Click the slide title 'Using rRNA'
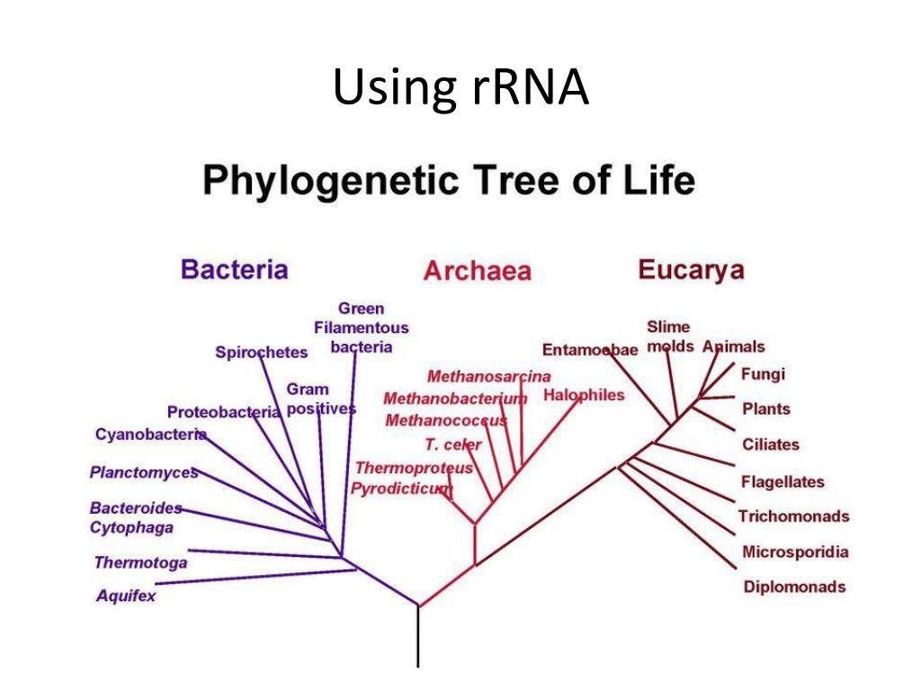[460, 88]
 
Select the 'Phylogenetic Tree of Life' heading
[449, 183]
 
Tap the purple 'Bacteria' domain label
[235, 269]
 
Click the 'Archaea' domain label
[478, 271]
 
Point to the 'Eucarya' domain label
[692, 269]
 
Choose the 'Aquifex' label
[126, 596]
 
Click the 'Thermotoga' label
[140, 563]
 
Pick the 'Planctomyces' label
[143, 471]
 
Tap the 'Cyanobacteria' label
[150, 435]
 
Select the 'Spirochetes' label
[262, 353]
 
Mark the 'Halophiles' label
[584, 396]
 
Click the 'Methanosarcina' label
[488, 376]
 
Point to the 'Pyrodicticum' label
[401, 489]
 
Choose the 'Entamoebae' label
[589, 350]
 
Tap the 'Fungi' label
[763, 374]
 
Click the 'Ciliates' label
[771, 444]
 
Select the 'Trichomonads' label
[794, 516]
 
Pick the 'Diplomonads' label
[794, 587]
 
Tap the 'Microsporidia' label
[795, 552]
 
